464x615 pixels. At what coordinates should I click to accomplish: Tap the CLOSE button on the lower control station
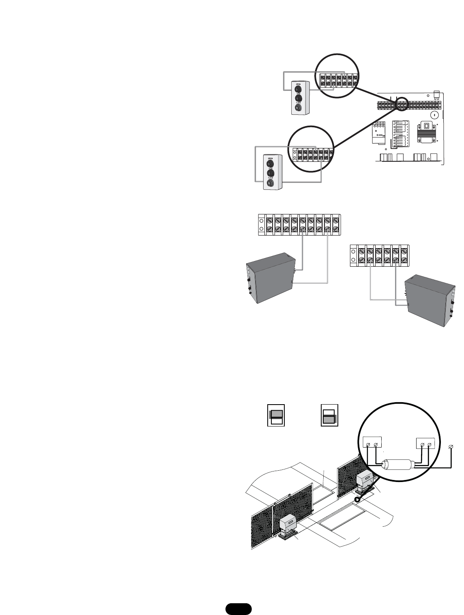coord(269,183)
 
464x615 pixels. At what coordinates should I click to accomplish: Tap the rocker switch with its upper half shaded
coord(276,415)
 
